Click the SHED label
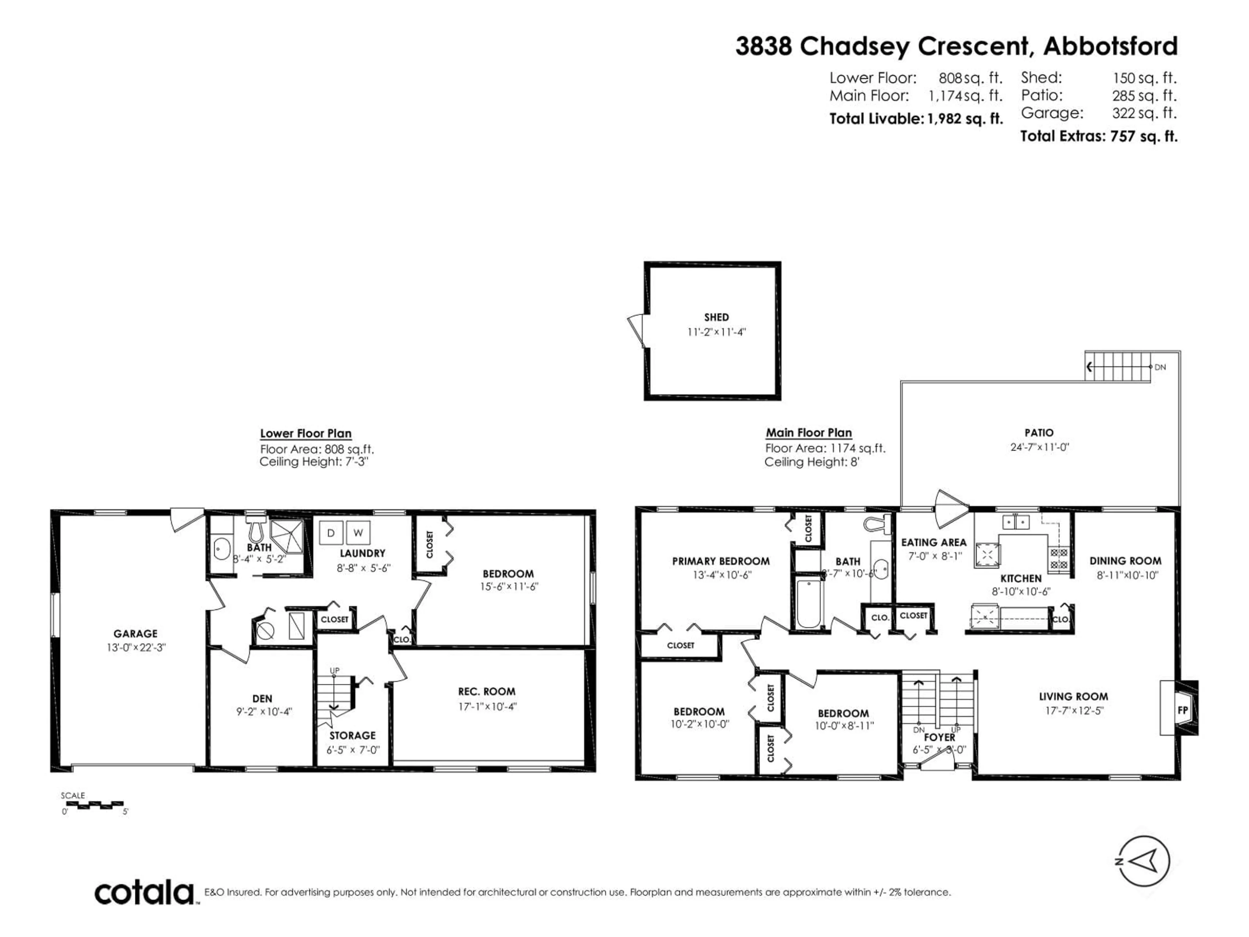pyautogui.click(x=716, y=318)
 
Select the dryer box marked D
pyautogui.click(x=331, y=533)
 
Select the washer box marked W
pyautogui.click(x=358, y=533)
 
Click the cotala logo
pyautogui.click(x=144, y=893)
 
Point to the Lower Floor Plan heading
pyautogui.click(x=305, y=433)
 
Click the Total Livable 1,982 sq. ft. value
pyautogui.click(x=964, y=119)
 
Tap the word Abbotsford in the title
pyautogui.click(x=1110, y=46)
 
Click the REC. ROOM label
pyautogui.click(x=486, y=691)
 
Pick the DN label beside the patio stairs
pyautogui.click(x=1160, y=367)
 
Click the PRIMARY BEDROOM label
pyautogui.click(x=720, y=561)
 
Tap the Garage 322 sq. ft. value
pyautogui.click(x=1144, y=113)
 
